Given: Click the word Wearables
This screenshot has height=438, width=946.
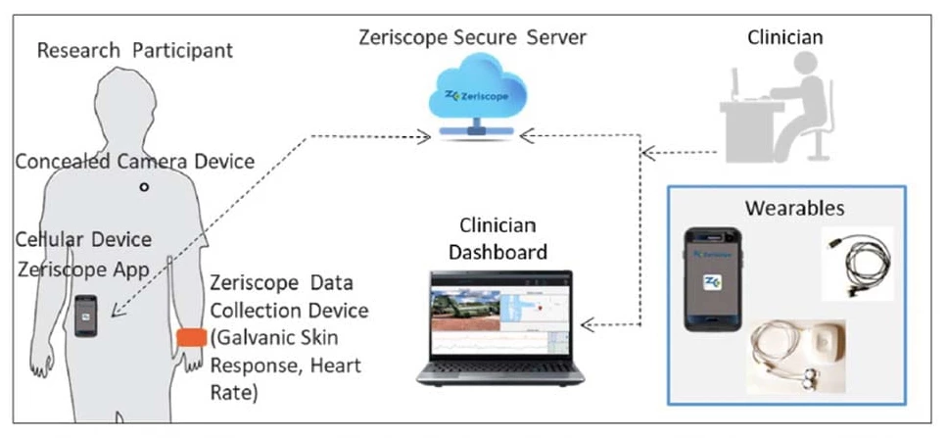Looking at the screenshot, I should pos(793,209).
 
